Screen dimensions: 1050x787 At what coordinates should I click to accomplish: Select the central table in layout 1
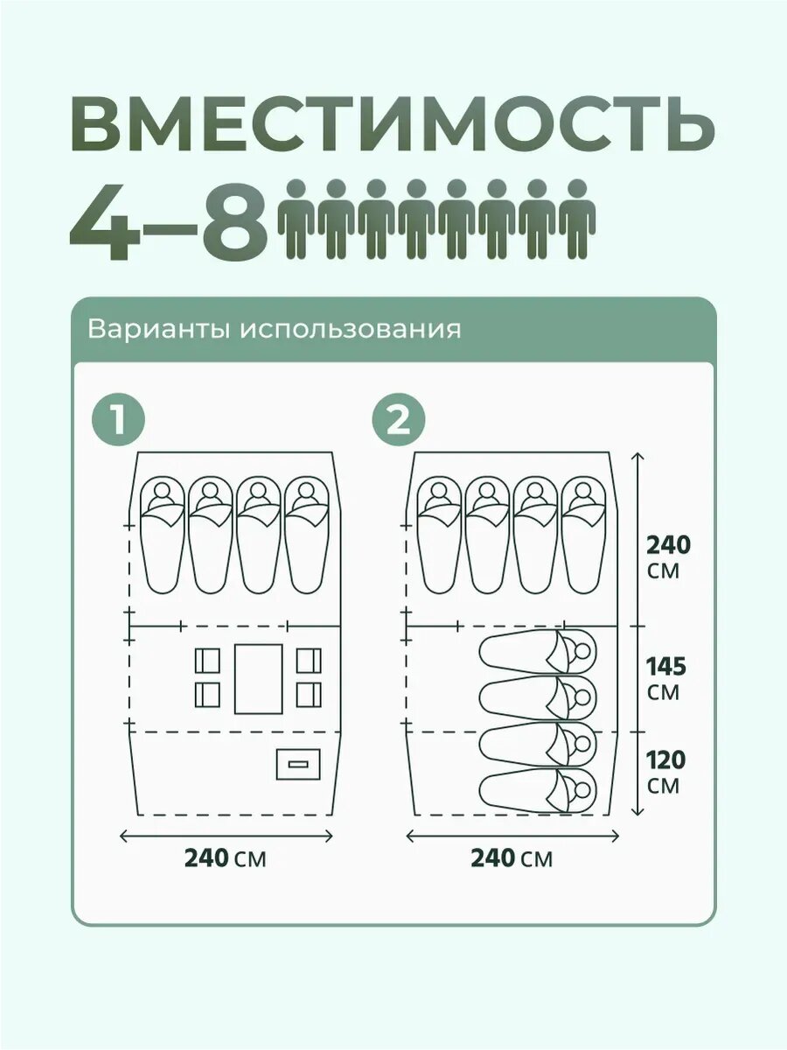point(258,678)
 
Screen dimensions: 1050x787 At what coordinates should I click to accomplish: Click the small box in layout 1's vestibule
point(298,764)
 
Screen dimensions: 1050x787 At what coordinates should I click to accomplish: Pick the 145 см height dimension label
point(665,678)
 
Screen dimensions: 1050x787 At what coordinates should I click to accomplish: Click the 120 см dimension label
point(665,772)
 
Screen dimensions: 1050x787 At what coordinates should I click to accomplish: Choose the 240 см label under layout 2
point(512,858)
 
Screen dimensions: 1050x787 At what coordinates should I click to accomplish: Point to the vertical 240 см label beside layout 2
point(668,557)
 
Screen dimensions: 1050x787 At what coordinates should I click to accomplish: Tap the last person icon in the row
point(576,219)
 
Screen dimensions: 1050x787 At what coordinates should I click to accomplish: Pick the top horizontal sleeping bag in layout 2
point(538,652)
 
